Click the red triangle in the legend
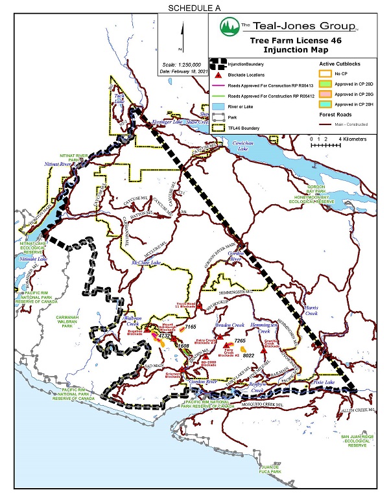pos(217,75)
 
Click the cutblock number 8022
pos(248,355)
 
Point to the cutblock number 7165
pos(190,328)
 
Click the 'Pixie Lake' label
pos(331,383)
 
